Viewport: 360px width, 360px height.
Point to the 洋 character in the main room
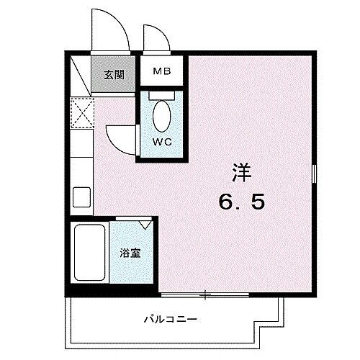(243, 174)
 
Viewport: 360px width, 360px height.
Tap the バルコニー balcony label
(170, 318)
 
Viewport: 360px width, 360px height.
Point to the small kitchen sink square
(81, 195)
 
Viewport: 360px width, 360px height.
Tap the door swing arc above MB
(153, 40)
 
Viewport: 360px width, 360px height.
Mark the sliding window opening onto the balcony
(205, 294)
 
